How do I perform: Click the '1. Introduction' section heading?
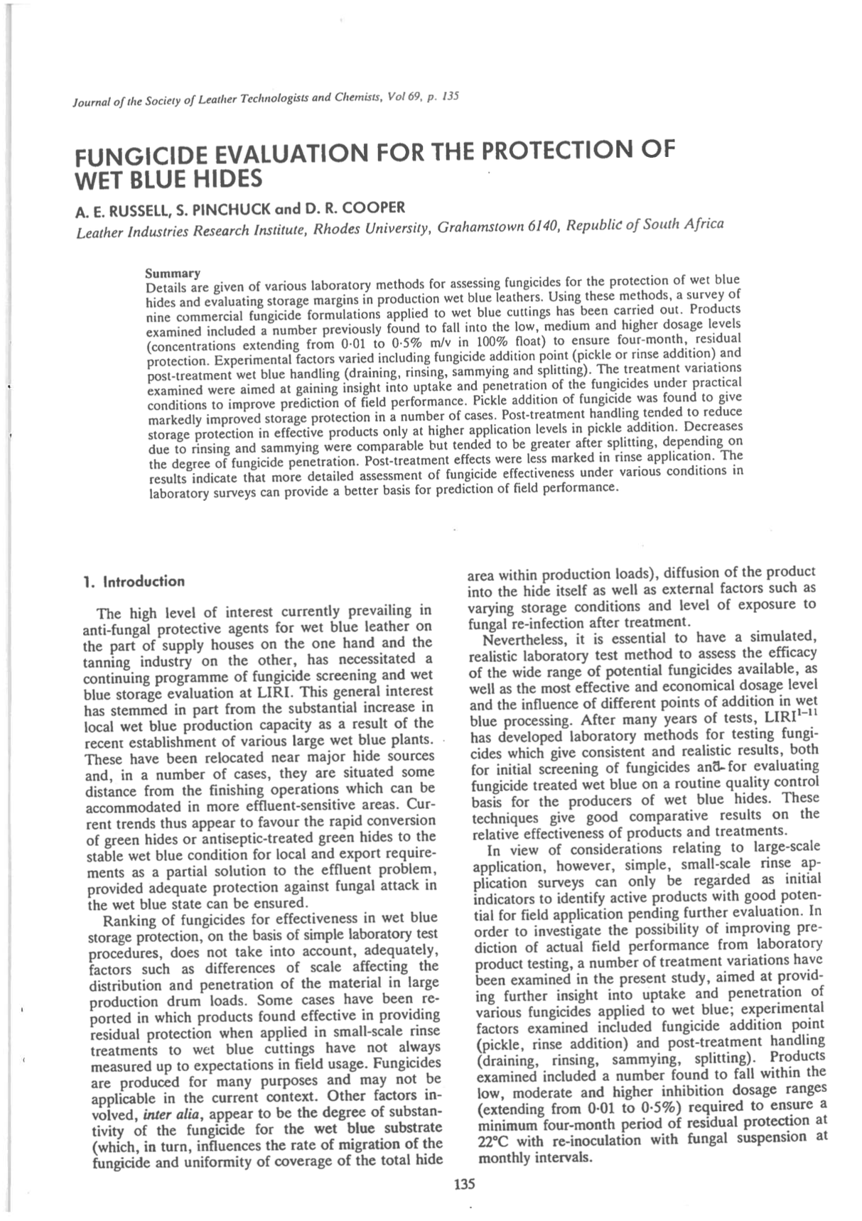click(134, 582)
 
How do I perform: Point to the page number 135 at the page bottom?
click(463, 1184)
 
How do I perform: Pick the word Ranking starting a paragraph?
click(126, 921)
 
